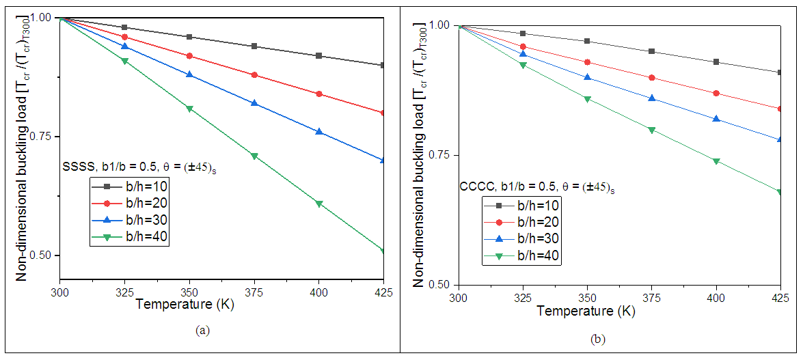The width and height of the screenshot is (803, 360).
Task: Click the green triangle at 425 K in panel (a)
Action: coord(384,251)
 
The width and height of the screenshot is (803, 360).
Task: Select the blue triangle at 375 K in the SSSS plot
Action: coord(254,103)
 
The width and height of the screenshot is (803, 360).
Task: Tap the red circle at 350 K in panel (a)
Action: coord(189,55)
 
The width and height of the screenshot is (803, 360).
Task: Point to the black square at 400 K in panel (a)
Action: coord(319,55)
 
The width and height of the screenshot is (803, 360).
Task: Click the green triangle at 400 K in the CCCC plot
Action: coord(716,161)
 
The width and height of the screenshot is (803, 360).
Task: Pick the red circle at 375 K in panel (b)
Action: coord(651,77)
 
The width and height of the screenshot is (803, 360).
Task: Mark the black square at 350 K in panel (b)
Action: coord(587,41)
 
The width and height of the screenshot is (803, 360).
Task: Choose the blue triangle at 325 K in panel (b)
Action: coord(523,54)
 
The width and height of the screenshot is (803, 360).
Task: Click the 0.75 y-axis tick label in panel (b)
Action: coord(439,155)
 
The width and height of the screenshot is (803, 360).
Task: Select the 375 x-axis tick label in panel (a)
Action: coord(254,292)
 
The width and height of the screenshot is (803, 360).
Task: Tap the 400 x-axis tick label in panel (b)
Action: coord(716,298)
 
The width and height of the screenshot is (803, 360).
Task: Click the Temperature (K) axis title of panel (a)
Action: coord(185,305)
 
